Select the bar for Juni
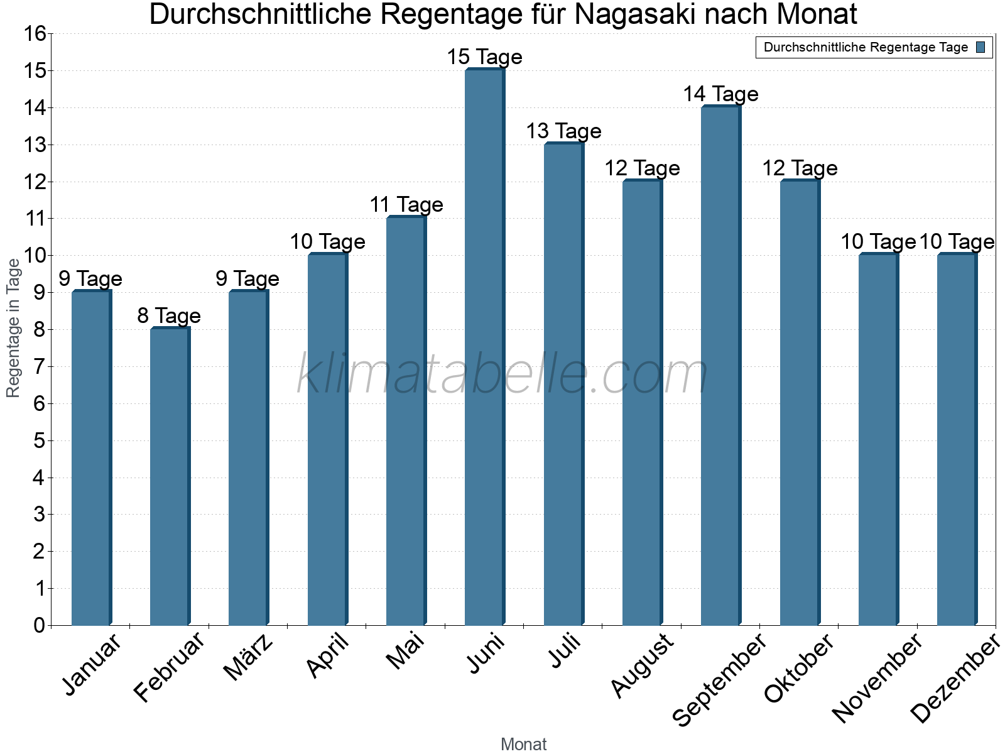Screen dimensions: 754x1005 click(x=484, y=347)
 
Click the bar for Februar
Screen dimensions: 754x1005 click(x=170, y=476)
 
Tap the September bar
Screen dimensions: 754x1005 click(x=720, y=366)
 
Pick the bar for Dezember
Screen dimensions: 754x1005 click(x=957, y=439)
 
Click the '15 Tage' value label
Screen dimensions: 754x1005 click(x=484, y=57)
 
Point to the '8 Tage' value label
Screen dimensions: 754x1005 click(x=169, y=315)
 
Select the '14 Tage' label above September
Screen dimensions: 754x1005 click(x=720, y=94)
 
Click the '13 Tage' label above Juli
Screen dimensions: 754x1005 click(x=563, y=131)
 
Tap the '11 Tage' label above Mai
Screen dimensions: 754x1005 click(x=406, y=205)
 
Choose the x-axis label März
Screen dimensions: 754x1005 click(x=249, y=657)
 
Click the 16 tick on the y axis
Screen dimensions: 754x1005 click(x=35, y=34)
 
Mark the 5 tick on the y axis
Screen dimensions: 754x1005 click(x=40, y=440)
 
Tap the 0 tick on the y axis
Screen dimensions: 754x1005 click(x=40, y=625)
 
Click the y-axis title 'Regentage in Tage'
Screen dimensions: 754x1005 click(x=13, y=328)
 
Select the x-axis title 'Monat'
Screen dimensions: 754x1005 click(x=523, y=744)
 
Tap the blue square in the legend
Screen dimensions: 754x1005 click(x=981, y=47)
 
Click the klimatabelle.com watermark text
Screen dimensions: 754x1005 click(x=502, y=374)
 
